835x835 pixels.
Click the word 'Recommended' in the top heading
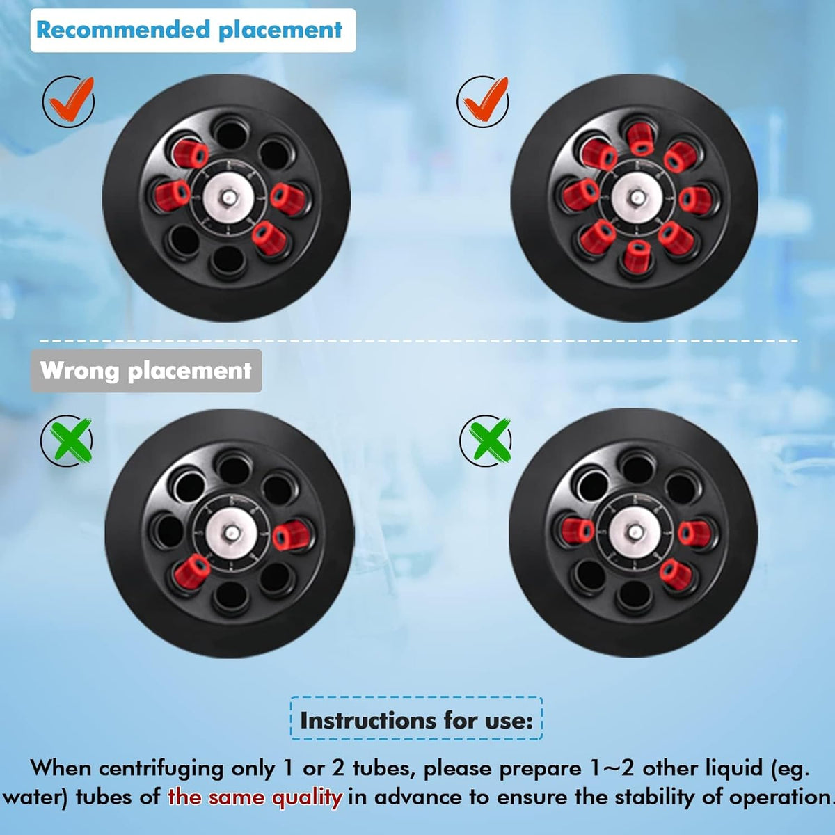[x=123, y=29]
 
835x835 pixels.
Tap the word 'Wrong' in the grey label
[x=79, y=370]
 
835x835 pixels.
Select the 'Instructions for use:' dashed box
[x=416, y=720]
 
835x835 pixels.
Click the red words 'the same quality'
[x=255, y=797]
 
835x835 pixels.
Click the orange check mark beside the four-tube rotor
[x=70, y=101]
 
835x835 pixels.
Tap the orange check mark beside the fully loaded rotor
[x=484, y=101]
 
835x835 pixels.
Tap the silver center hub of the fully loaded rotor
[x=637, y=198]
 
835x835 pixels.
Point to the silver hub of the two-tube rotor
[x=231, y=534]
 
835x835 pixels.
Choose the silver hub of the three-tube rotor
[x=635, y=532]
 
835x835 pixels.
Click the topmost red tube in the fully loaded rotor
[x=640, y=138]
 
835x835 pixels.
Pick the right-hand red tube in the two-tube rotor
[x=291, y=535]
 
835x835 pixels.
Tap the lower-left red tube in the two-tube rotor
[x=191, y=571]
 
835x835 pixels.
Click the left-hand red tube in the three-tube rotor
[x=578, y=530]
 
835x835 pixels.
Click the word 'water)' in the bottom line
[x=34, y=797]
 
